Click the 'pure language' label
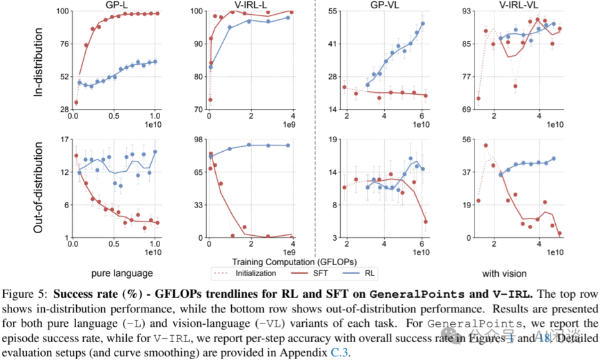point(122,272)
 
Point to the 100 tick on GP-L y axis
point(61,12)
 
